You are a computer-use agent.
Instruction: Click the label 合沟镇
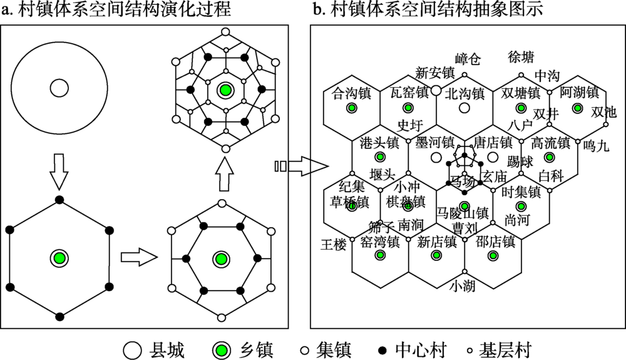coord(351,93)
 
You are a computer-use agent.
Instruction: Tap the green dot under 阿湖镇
coord(577,108)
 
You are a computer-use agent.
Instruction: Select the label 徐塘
coord(521,58)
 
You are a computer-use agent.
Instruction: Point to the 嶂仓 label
coord(468,59)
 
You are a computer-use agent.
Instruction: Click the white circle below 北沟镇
coord(464,108)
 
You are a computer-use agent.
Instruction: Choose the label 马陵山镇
coord(462,212)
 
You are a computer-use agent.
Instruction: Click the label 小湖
coord(463,287)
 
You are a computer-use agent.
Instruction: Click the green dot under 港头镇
coord(379,157)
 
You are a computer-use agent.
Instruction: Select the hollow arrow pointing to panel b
coord(302,166)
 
